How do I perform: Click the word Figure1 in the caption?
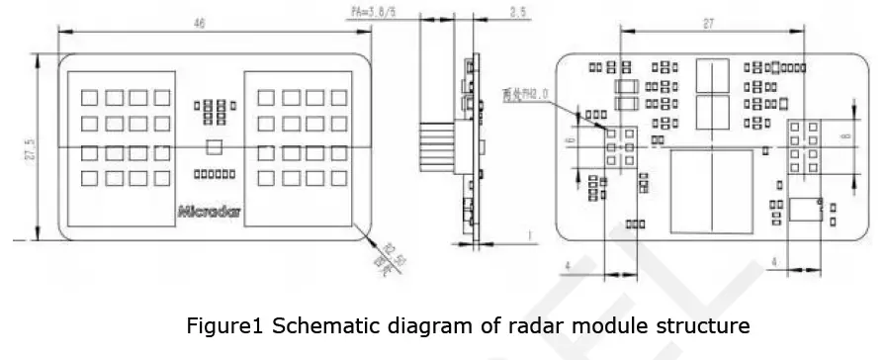(x=222, y=324)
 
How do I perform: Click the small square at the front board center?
(x=214, y=147)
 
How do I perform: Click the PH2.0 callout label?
(x=525, y=95)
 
